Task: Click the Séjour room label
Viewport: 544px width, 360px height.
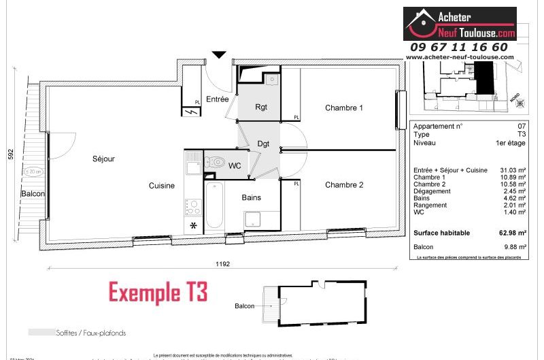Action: point(104,159)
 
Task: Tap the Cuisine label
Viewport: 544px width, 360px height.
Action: point(162,185)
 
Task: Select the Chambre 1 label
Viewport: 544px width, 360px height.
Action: point(343,108)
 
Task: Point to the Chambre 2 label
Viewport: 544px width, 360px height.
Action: point(343,184)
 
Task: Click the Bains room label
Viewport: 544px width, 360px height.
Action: point(251,197)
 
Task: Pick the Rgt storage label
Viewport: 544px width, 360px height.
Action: point(261,107)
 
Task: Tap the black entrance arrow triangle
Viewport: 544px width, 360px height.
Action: point(218,55)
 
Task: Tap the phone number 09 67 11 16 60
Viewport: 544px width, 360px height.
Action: point(458,47)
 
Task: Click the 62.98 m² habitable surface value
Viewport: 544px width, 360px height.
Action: point(512,233)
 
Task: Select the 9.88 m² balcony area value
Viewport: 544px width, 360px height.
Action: point(514,246)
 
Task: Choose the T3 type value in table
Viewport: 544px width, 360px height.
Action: point(521,135)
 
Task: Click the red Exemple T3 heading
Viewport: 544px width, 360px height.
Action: point(158,292)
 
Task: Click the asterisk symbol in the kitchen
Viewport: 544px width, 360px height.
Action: point(193,225)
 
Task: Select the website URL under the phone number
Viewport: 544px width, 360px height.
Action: point(459,57)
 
